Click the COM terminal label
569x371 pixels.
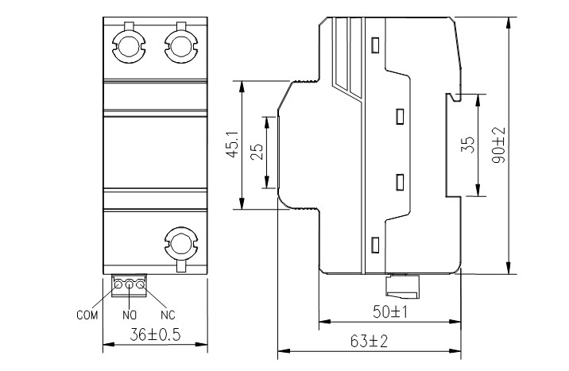click(x=86, y=315)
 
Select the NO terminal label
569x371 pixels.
click(x=128, y=315)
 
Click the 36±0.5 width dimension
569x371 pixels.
click(x=155, y=335)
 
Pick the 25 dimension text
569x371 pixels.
click(x=257, y=151)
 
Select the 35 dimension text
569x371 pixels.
click(x=468, y=145)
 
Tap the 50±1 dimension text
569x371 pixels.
click(x=391, y=311)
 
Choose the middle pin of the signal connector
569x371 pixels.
click(x=130, y=283)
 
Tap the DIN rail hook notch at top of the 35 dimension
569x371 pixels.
click(x=451, y=97)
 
